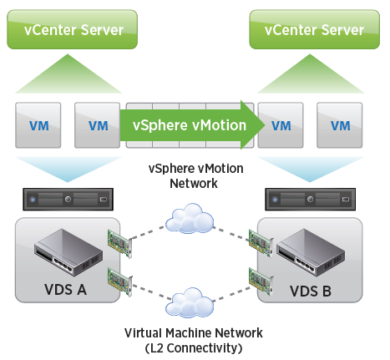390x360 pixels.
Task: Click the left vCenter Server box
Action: point(72,29)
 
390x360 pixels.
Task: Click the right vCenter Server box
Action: point(315,29)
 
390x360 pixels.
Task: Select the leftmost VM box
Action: point(38,125)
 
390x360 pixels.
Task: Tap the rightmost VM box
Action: point(340,125)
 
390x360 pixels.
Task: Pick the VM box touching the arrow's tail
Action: point(98,125)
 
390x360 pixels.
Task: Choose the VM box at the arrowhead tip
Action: point(281,125)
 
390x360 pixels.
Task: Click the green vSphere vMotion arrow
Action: point(192,125)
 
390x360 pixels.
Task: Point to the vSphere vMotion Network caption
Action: point(195,176)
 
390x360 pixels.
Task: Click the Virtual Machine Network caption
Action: point(194,340)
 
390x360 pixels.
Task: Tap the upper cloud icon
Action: point(190,218)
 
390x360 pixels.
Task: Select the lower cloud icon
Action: point(190,302)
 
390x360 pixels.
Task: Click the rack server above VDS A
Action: point(68,200)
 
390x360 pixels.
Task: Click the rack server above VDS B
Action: point(311,200)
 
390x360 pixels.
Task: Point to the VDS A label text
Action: point(66,290)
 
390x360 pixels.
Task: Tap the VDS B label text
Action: point(311,291)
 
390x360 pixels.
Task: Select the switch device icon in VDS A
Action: point(68,252)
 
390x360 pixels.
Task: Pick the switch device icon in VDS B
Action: point(311,252)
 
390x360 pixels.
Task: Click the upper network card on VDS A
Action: point(120,244)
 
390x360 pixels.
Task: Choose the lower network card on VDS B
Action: point(261,281)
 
